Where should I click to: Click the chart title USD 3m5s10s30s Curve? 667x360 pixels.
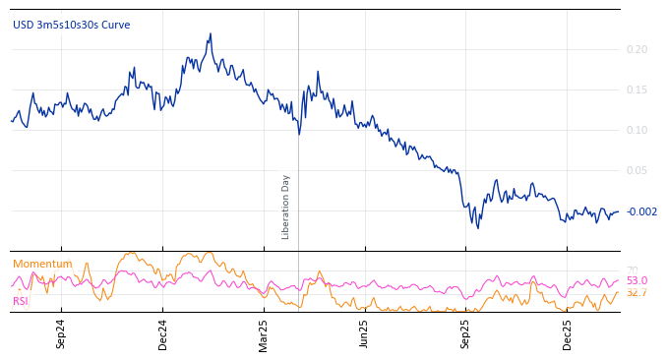tap(71, 26)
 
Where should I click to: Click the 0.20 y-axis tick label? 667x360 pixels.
tap(637, 49)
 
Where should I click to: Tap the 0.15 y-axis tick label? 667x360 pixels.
tap(637, 90)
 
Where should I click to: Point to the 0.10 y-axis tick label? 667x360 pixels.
tap(637, 130)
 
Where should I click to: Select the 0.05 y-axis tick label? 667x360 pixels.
tap(637, 170)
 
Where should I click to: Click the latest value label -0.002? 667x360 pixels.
tap(641, 211)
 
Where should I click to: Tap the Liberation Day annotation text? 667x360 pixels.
tap(286, 207)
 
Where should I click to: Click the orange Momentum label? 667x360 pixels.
tap(42, 264)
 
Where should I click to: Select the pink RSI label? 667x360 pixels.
tap(20, 301)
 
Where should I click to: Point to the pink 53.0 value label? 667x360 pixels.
tap(637, 280)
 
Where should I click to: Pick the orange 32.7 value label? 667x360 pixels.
tap(637, 292)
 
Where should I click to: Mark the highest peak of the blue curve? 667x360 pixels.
tap(211, 33)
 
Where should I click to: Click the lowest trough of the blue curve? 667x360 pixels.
tap(479, 228)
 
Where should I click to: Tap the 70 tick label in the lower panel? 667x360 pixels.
tap(632, 270)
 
